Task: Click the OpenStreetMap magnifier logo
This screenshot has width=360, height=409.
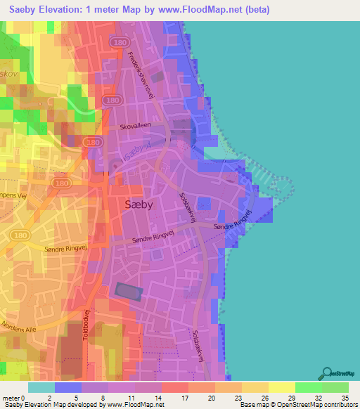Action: coord(325,373)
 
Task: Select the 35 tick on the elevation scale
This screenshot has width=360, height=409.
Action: coord(345,397)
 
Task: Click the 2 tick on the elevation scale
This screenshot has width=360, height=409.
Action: coord(55,397)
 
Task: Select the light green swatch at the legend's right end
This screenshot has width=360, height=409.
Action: coord(335,387)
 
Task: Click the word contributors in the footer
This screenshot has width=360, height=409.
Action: coord(340,405)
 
